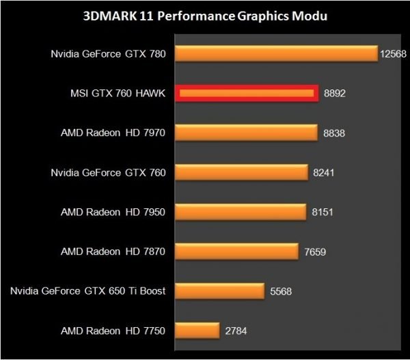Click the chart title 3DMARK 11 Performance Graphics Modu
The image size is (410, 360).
(206, 16)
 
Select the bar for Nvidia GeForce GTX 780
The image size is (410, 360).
(276, 53)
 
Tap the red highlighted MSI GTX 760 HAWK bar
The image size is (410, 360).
(247, 93)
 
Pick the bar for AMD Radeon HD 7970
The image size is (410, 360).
(246, 133)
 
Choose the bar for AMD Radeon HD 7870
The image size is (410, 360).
(236, 251)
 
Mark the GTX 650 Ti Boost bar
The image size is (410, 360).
(219, 291)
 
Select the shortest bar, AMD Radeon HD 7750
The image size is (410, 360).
(197, 331)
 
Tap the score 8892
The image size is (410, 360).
(334, 94)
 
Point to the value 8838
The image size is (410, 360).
(334, 133)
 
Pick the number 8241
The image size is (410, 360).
(325, 173)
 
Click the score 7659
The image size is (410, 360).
(315, 252)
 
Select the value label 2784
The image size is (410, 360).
(236, 331)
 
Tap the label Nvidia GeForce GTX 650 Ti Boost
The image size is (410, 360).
(88, 292)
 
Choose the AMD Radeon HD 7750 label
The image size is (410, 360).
(113, 331)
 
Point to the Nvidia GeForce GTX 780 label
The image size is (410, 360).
(108, 54)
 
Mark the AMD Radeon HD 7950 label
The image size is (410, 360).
(113, 212)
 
